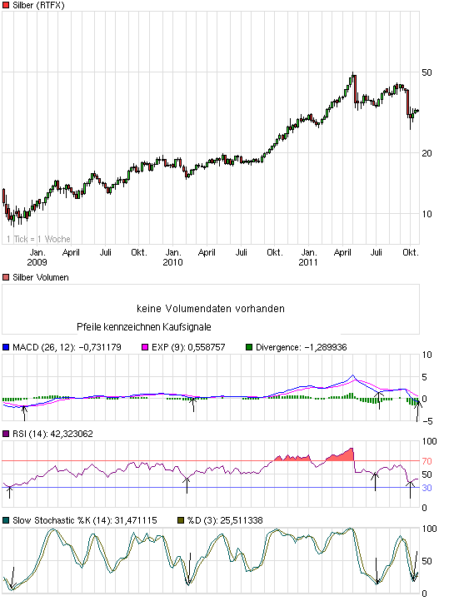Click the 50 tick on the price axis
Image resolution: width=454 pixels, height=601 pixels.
pos(427,72)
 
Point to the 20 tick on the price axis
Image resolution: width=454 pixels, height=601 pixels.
pos(427,152)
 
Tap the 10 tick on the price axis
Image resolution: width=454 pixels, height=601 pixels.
pos(427,213)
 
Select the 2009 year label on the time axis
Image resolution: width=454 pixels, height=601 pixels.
pos(37,262)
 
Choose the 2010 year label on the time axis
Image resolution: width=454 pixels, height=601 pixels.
pos(172,262)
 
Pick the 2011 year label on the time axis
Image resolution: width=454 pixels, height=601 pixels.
pos(308,262)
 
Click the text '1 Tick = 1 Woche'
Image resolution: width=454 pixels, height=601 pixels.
pos(38,239)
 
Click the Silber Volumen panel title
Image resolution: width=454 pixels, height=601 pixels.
pos(41,277)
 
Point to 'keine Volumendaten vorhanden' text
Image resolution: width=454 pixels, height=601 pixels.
pos(213,309)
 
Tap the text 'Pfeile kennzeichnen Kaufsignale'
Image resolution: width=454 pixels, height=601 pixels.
pos(143,327)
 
